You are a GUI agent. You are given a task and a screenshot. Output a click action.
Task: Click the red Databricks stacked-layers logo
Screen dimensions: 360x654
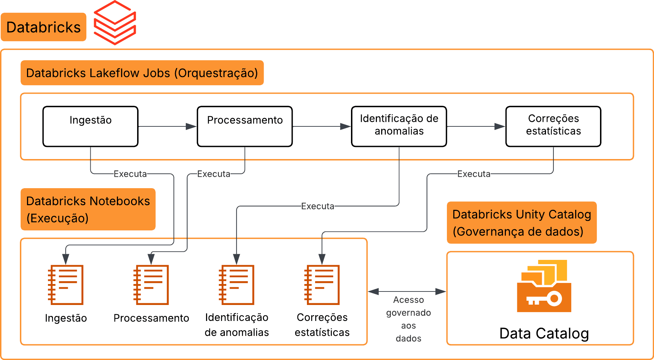coord(115,23)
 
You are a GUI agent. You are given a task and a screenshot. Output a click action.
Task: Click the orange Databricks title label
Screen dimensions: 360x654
coord(43,27)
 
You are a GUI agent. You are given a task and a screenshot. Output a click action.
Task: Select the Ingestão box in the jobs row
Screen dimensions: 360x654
coord(90,126)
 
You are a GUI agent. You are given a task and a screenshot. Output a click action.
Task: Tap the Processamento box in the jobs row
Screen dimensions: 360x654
coord(245,126)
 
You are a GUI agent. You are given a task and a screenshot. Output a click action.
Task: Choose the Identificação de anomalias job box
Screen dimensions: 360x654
coord(399,126)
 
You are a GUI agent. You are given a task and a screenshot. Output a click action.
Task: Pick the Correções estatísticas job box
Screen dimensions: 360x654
coord(553,126)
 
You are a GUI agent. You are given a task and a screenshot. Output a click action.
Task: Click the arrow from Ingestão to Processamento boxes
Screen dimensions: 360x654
coord(167,126)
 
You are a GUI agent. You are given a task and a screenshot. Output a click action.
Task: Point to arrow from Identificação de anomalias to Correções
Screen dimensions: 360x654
coord(476,126)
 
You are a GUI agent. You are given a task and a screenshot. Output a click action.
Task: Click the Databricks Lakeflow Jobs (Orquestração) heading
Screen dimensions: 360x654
coord(142,73)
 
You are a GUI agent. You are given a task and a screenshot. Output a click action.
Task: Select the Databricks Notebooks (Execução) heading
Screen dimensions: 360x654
coord(88,209)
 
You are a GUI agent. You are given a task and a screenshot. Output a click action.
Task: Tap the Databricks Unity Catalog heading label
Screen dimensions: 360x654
coord(521,223)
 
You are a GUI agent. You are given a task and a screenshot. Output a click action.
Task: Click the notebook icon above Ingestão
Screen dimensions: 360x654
coord(66,285)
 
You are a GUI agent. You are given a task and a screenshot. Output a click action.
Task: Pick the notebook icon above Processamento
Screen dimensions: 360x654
coord(151,285)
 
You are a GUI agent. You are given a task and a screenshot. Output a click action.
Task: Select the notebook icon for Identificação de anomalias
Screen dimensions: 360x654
coord(237,285)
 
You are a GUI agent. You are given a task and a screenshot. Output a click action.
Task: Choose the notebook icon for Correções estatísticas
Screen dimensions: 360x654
coord(322,285)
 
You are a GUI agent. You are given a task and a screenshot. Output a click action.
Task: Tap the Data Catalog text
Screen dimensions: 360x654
coord(544,333)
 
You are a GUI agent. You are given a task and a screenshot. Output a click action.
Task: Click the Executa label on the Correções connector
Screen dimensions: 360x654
coord(474,174)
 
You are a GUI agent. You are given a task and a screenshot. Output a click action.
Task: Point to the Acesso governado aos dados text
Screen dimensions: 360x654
coord(409,319)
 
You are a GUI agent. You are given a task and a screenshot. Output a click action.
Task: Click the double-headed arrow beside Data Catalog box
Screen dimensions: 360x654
coord(407,291)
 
